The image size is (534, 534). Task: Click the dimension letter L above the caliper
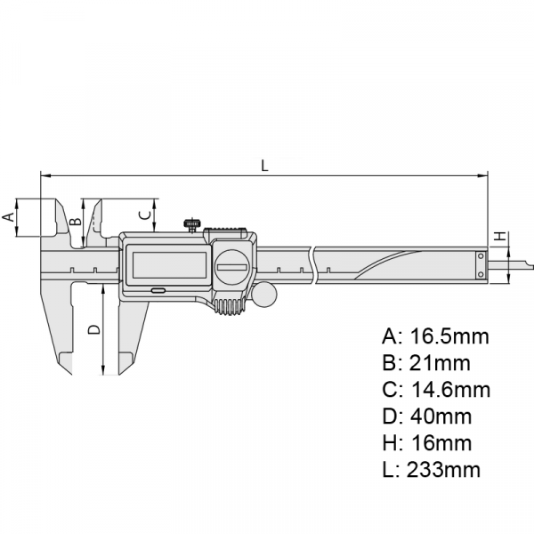(264, 166)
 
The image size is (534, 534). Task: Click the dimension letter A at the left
(9, 216)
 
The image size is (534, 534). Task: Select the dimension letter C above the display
(144, 214)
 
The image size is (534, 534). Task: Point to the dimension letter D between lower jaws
(94, 329)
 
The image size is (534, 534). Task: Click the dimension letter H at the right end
(500, 236)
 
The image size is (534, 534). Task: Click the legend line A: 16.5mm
(435, 336)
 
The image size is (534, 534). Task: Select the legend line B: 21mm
(426, 363)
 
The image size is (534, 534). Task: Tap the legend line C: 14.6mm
(436, 389)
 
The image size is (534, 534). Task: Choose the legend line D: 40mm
(426, 416)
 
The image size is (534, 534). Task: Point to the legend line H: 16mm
(426, 442)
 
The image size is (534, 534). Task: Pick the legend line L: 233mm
(431, 469)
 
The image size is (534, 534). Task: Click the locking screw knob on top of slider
(193, 225)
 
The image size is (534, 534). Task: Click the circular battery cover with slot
(233, 267)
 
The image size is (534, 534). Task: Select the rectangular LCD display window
(169, 265)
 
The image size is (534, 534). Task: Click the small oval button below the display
(158, 290)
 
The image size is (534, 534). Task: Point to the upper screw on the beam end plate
(481, 255)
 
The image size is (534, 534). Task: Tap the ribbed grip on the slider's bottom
(230, 307)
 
